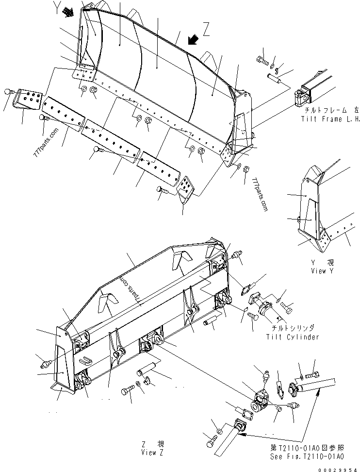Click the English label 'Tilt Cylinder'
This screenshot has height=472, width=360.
[x=293, y=337]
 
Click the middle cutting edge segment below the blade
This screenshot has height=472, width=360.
[x=111, y=140]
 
